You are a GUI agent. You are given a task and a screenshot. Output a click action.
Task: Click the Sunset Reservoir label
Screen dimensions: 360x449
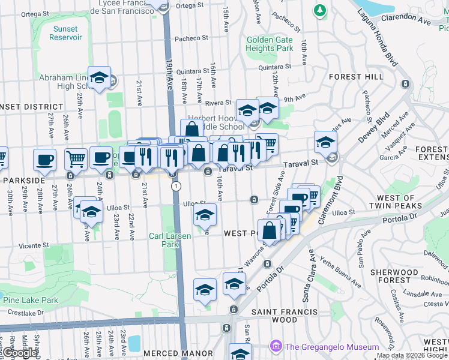coord(65,33)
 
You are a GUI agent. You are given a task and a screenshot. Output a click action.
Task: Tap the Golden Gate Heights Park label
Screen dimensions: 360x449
coord(270,44)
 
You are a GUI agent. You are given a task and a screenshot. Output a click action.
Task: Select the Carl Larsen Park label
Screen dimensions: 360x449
coord(170,240)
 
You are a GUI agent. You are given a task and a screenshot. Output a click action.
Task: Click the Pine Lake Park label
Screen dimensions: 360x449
coord(30,300)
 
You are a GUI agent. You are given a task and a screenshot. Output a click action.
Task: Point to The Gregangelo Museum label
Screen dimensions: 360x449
coord(332,347)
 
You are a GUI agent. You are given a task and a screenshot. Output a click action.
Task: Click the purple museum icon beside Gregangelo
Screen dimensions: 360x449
coord(276,347)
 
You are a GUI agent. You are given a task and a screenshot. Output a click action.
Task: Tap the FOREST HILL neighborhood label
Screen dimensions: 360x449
coord(356,77)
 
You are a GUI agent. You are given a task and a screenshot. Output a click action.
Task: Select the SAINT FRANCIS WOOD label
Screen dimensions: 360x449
coord(284,316)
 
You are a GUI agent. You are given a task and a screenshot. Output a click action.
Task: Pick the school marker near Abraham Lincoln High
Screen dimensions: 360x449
coord(99,77)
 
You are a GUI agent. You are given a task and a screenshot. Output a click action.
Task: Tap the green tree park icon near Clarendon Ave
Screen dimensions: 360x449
coord(321,10)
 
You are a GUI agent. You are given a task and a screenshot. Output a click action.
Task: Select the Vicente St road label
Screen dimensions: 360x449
coord(33,245)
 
